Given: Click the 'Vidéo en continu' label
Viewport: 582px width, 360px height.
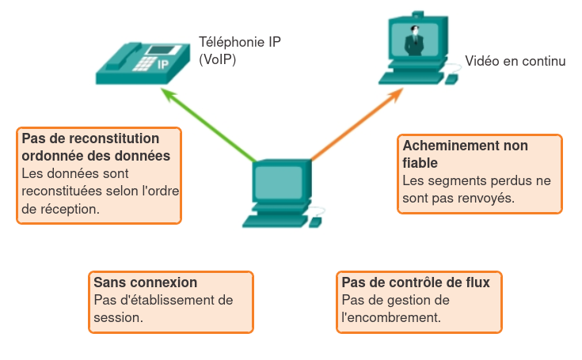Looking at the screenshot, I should pyautogui.click(x=515, y=61).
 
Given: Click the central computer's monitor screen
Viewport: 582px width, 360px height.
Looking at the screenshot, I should pyautogui.click(x=278, y=182).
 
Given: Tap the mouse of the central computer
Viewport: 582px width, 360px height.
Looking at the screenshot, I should pyautogui.click(x=314, y=222).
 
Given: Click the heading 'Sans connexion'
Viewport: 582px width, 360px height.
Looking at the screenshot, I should pyautogui.click(x=145, y=282).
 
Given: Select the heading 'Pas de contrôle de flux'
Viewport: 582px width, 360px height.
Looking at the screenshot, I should pyautogui.click(x=416, y=282).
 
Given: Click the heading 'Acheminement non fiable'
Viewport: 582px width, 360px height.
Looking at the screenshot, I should pyautogui.click(x=465, y=153).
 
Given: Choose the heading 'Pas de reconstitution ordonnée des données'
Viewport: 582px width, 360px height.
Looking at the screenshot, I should pyautogui.click(x=96, y=147).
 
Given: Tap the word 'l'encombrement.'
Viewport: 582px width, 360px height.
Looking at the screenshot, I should pyautogui.click(x=390, y=317).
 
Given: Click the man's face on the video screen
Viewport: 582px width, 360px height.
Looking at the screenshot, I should pyautogui.click(x=413, y=32).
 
